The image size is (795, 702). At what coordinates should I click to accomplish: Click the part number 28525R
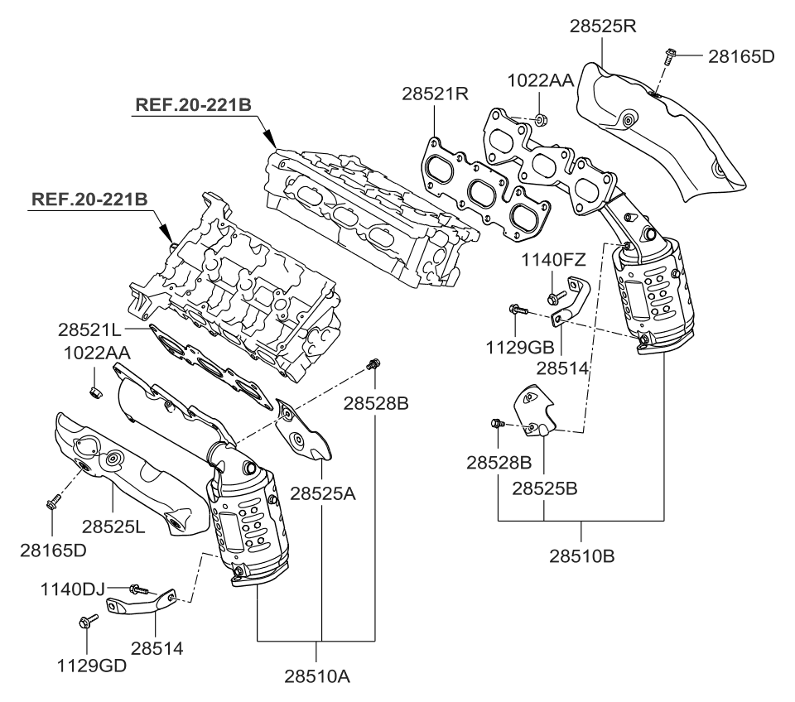(602, 26)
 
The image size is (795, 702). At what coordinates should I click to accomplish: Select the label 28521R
(436, 94)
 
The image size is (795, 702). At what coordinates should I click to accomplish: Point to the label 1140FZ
(552, 262)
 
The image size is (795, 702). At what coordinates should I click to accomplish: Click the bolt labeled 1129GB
(515, 310)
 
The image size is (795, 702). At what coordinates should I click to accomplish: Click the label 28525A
(322, 493)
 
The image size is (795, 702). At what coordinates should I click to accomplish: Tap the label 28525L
(113, 525)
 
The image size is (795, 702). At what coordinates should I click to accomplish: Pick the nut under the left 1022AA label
(94, 389)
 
